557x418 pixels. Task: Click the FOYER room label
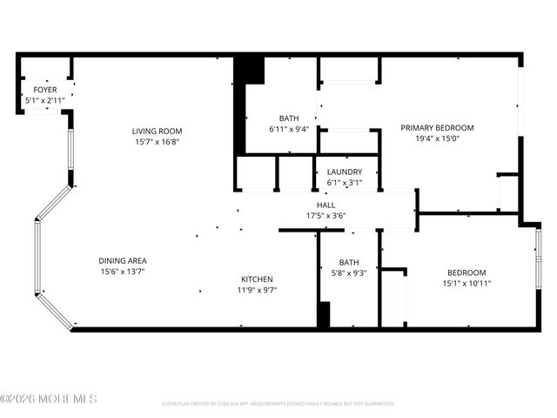pyautogui.click(x=45, y=90)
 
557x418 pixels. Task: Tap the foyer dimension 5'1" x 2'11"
pyautogui.click(x=45, y=100)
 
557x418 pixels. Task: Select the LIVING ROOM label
pyautogui.click(x=157, y=131)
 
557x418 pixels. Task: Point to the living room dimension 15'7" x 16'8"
pyautogui.click(x=157, y=142)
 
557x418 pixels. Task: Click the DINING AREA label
pyautogui.click(x=122, y=260)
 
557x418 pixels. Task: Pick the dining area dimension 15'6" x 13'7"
pyautogui.click(x=122, y=272)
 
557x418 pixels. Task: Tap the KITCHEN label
pyautogui.click(x=258, y=279)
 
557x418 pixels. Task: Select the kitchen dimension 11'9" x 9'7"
pyautogui.click(x=258, y=290)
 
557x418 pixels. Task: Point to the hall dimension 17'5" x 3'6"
pyautogui.click(x=326, y=215)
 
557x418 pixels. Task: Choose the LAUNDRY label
pyautogui.click(x=345, y=172)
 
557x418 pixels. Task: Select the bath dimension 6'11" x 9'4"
pyautogui.click(x=289, y=130)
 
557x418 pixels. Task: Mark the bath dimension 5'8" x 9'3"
pyautogui.click(x=349, y=273)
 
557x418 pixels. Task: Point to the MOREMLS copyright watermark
pyautogui.click(x=49, y=399)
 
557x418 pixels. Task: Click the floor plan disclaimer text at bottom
pyautogui.click(x=278, y=404)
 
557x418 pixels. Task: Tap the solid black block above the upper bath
pyautogui.click(x=251, y=70)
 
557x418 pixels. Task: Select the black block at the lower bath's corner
pyautogui.click(x=324, y=314)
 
